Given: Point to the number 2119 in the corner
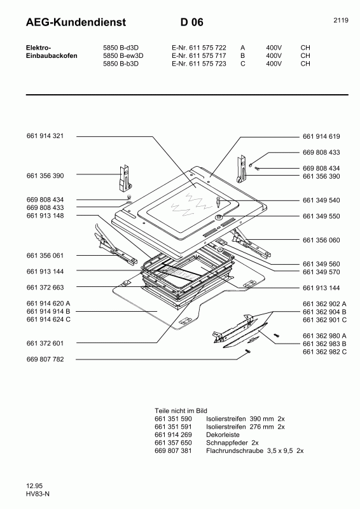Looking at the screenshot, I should (340, 21).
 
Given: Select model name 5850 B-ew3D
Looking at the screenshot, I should (123, 55).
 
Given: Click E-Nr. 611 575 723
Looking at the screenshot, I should (198, 64).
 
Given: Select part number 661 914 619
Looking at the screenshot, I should (321, 136).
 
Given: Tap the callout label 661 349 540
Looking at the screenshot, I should (321, 200).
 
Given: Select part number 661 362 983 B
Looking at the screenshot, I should (324, 344).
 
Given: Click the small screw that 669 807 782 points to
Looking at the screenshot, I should (245, 354).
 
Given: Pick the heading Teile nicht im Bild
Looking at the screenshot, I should (181, 412).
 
